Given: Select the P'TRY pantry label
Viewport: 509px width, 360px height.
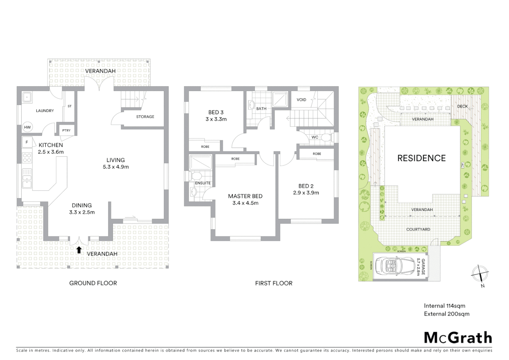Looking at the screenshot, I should coord(66,130).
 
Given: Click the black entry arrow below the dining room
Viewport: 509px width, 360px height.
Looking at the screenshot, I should coord(79,250).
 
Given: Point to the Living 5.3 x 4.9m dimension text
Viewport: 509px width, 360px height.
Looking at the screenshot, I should coord(116,167).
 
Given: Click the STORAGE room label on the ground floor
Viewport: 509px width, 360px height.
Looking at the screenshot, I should coord(145,117).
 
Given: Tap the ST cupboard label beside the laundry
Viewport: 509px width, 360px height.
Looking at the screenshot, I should coord(70,106).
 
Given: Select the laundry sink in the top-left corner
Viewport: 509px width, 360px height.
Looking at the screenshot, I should coord(27,98).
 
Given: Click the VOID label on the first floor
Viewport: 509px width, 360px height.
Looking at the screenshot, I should coord(301,100).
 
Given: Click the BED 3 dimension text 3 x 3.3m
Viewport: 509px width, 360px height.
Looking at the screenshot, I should coord(216,119).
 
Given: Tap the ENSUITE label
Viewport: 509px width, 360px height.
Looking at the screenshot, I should coord(203,183).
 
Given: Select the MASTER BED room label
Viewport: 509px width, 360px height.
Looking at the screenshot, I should coord(245,196).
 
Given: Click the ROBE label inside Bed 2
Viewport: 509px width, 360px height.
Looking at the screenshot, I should coord(317,154).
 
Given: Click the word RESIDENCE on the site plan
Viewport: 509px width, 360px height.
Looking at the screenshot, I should coord(421,158).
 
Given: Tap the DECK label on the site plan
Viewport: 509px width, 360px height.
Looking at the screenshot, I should coord(462,106).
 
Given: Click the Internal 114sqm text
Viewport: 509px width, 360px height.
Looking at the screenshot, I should coord(444,306).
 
